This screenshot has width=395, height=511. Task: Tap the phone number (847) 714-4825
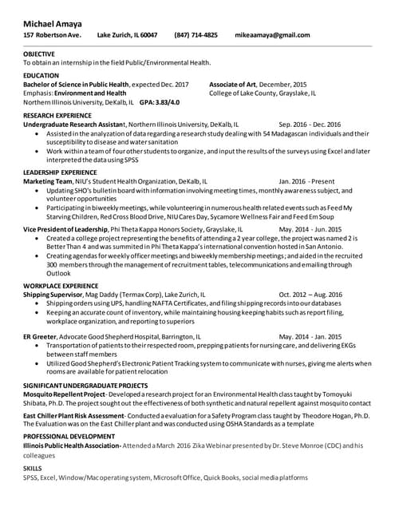coord(196,35)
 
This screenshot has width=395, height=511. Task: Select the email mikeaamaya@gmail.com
coord(272,35)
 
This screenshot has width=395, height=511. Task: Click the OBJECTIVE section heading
coord(39,53)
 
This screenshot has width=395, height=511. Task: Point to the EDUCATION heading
coord(41,75)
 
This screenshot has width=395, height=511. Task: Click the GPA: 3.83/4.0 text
coord(160,102)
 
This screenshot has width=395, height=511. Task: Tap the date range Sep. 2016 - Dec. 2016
coord(310,125)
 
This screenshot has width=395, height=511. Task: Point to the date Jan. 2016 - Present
coord(306,181)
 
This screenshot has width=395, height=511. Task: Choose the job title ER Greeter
coord(38,337)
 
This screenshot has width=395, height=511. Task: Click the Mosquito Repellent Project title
coord(64,394)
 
